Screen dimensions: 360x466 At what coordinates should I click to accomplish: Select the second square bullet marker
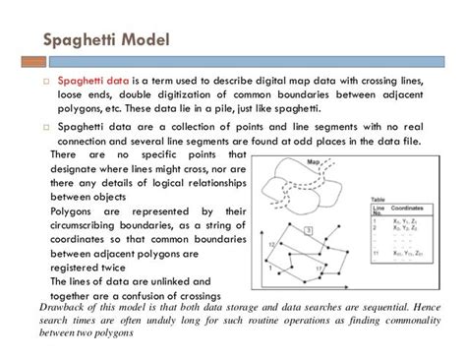click(x=43, y=127)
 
